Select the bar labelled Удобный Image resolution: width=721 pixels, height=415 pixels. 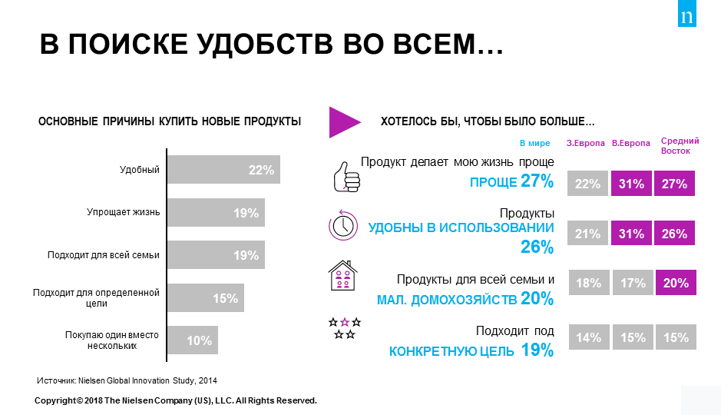pyautogui.click(x=223, y=170)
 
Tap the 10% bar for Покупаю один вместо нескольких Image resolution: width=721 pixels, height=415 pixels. pyautogui.click(x=193, y=340)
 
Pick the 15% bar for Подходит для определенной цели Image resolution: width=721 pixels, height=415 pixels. pyautogui.click(x=206, y=298)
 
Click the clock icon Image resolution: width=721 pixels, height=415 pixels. pyautogui.click(x=343, y=224)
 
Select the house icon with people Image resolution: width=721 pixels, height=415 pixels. pyautogui.click(x=344, y=276)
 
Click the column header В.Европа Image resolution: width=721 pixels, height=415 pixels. pyautogui.click(x=631, y=143)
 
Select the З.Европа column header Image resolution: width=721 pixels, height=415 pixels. pyautogui.click(x=586, y=143)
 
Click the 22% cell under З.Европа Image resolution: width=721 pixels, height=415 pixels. pyautogui.click(x=587, y=184)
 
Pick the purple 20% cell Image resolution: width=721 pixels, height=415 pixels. pyautogui.click(x=675, y=283)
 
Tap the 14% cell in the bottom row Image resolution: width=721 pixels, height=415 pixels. pyautogui.click(x=587, y=337)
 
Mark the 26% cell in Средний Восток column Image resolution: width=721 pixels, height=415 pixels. pyautogui.click(x=675, y=234)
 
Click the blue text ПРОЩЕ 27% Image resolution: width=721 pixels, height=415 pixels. pyautogui.click(x=511, y=181)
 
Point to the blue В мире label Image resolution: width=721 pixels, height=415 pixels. pyautogui.click(x=535, y=143)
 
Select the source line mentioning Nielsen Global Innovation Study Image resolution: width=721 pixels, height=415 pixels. pyautogui.click(x=131, y=380)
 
